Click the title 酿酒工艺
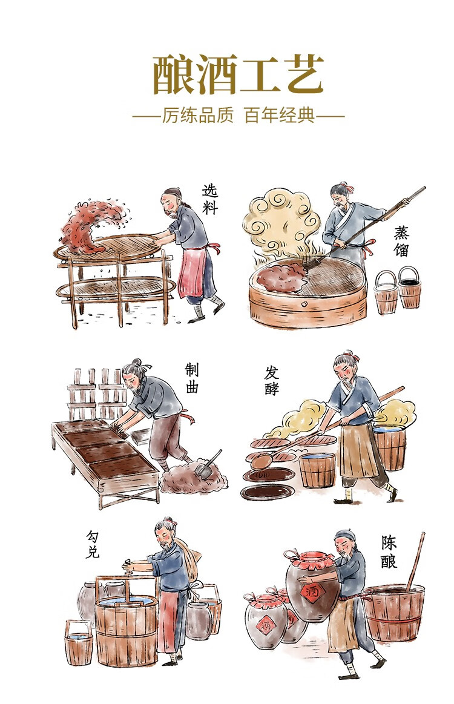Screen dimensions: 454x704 coord(238,74)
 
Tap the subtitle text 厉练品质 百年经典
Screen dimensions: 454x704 coord(238,116)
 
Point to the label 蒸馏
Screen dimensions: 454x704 coord(401,241)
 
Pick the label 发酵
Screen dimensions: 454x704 coord(272,381)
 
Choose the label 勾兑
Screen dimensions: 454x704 coord(93,545)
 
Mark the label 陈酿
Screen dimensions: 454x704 coord(389,552)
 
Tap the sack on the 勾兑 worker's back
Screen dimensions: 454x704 coord(188,561)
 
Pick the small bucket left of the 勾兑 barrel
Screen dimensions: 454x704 coord(79,643)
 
